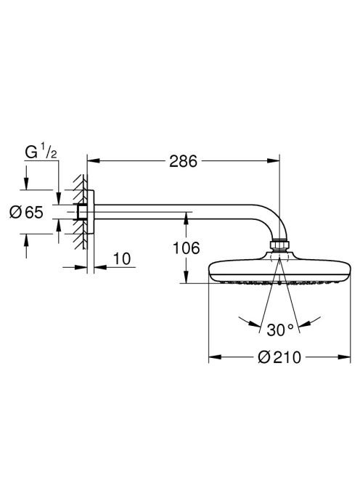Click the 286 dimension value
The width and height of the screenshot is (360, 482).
coord(183,161)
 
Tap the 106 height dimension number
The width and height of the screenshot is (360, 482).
coord(186,248)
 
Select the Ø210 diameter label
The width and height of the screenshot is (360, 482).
coord(279,357)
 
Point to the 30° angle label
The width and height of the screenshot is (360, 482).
coord(280,330)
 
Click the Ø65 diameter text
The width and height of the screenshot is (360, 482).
coord(26,212)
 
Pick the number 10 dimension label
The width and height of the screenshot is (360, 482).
coord(122,259)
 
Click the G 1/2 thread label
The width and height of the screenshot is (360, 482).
coord(41,152)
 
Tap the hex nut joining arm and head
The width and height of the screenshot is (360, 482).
coord(279,245)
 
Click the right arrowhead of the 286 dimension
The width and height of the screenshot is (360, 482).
coord(274,160)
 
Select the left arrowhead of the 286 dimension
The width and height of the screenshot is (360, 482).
coord(94,160)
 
